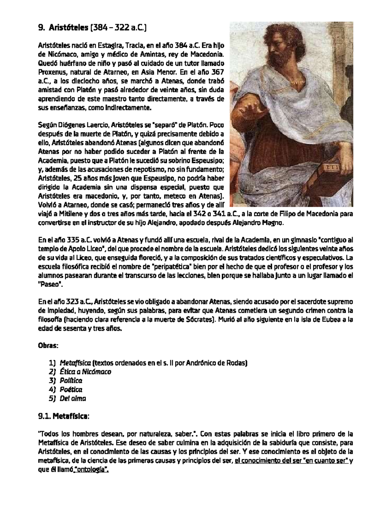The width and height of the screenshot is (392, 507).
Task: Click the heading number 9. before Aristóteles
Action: click(41, 28)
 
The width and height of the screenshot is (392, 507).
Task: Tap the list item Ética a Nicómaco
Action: click(85, 372)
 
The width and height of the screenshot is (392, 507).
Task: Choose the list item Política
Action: click(71, 381)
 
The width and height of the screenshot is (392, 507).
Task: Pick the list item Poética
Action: click(71, 389)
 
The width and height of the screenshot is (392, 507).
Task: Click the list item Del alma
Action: click(73, 398)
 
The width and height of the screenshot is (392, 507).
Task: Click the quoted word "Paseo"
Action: click(50, 284)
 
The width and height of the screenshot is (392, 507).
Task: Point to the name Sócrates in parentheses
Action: click(197, 320)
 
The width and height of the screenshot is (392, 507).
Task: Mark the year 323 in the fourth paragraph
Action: click(72, 302)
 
